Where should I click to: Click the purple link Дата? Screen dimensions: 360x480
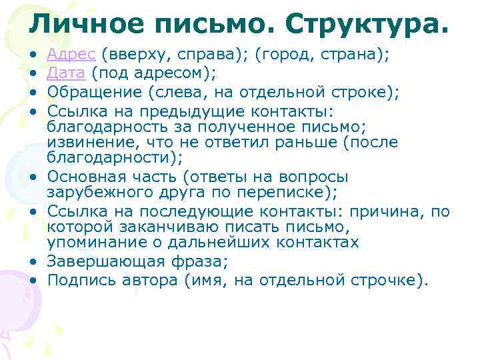(67, 73)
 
